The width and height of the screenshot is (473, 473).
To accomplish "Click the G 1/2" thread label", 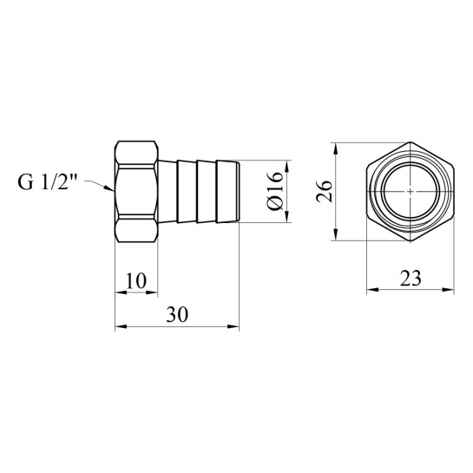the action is coord(48,182).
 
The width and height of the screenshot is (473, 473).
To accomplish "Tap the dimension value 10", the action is coord(136,280).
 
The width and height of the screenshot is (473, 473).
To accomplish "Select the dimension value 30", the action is coord(177,315).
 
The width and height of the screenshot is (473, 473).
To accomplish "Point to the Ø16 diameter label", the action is coord(275,191).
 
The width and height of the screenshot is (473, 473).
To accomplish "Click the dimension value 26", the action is coord(324,191).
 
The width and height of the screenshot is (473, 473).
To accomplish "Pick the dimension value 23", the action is coord(411,278).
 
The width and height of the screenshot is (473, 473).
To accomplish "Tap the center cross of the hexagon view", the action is coord(411,191).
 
